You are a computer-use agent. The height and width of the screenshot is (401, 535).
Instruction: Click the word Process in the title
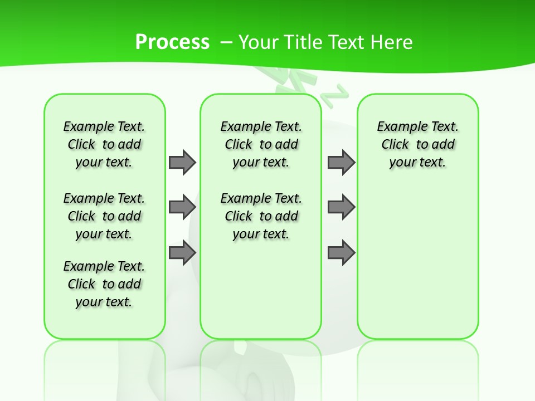tap(172, 42)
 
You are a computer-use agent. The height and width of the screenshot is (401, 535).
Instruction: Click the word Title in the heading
tap(301, 42)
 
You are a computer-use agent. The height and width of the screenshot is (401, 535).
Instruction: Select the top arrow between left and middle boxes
tap(182, 162)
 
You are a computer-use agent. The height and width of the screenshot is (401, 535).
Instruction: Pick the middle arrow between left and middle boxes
tap(182, 207)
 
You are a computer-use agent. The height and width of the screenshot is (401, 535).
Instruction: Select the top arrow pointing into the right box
tap(341, 162)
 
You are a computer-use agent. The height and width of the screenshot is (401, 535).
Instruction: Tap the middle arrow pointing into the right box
tap(341, 207)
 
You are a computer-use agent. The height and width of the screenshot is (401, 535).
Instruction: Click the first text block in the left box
tap(104, 144)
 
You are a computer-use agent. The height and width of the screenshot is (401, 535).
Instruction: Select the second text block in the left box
tap(104, 216)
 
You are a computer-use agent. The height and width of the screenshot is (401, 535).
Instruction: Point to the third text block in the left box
tap(104, 284)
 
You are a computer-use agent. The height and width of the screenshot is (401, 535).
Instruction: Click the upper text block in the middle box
tap(261, 144)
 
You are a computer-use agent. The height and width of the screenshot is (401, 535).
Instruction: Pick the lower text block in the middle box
tap(261, 216)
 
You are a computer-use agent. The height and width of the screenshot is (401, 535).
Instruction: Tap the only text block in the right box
tap(417, 144)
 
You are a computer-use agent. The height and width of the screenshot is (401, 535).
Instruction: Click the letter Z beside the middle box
tap(336, 94)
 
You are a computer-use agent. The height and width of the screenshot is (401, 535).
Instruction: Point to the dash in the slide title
tap(226, 42)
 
